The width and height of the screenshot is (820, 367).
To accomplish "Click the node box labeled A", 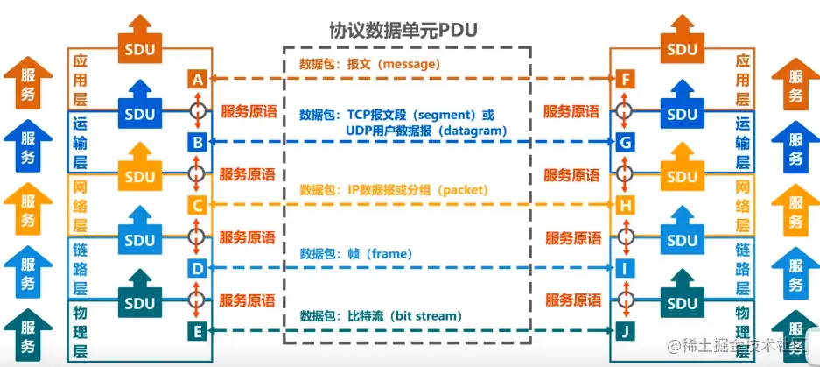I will pyautogui.click(x=197, y=79).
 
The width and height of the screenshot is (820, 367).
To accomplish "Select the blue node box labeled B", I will pyautogui.click(x=197, y=141).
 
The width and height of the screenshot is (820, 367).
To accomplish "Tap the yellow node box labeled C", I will pyautogui.click(x=197, y=205).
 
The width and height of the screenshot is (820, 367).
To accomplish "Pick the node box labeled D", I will pyautogui.click(x=197, y=268).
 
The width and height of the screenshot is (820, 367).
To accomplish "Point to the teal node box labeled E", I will pyautogui.click(x=197, y=330).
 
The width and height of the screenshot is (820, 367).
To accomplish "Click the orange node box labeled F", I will pyautogui.click(x=625, y=79).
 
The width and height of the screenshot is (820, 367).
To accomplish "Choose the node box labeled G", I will pyautogui.click(x=625, y=141).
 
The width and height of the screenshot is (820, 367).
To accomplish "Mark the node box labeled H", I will pyautogui.click(x=625, y=205).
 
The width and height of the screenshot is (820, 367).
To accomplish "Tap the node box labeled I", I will pyautogui.click(x=625, y=268).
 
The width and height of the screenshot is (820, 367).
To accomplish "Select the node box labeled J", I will pyautogui.click(x=625, y=330).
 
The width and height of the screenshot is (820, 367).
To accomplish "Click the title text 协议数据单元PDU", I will pyautogui.click(x=403, y=29).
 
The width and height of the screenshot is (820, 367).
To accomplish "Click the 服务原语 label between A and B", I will pyautogui.click(x=249, y=111).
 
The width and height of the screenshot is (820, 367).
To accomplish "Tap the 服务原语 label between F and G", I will pyautogui.click(x=571, y=111).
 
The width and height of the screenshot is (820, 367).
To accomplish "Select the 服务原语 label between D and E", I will pyautogui.click(x=249, y=300).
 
